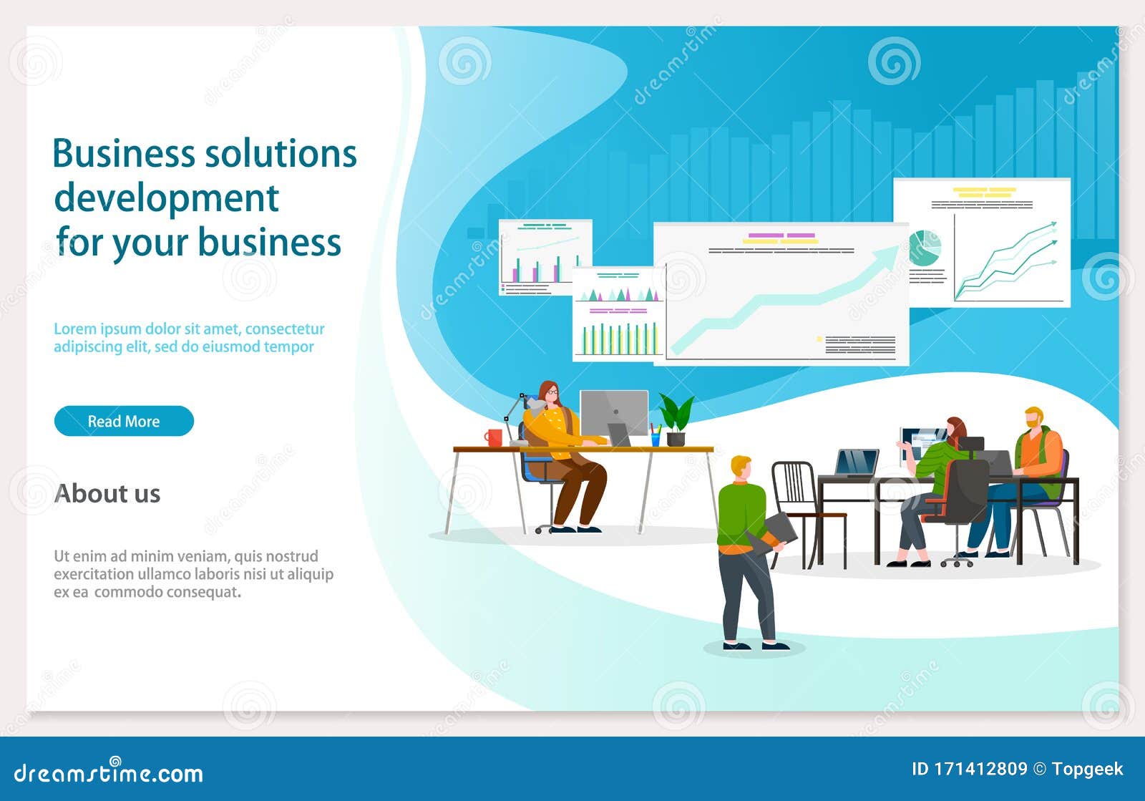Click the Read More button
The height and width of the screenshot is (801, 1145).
coord(124,421)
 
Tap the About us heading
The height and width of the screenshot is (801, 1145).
coord(107,493)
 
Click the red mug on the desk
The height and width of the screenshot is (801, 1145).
coord(493,437)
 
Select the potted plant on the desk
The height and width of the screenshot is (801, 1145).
coord(676,419)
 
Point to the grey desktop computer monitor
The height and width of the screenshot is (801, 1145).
coord(613,412)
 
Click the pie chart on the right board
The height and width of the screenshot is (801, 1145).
coord(925,248)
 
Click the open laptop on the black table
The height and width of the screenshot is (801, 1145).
coord(857,462)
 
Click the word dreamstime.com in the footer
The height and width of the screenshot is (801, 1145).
coord(109,773)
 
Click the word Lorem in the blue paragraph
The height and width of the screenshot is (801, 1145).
coord(74,329)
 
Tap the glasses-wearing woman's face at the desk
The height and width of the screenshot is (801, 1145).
coord(551,393)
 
